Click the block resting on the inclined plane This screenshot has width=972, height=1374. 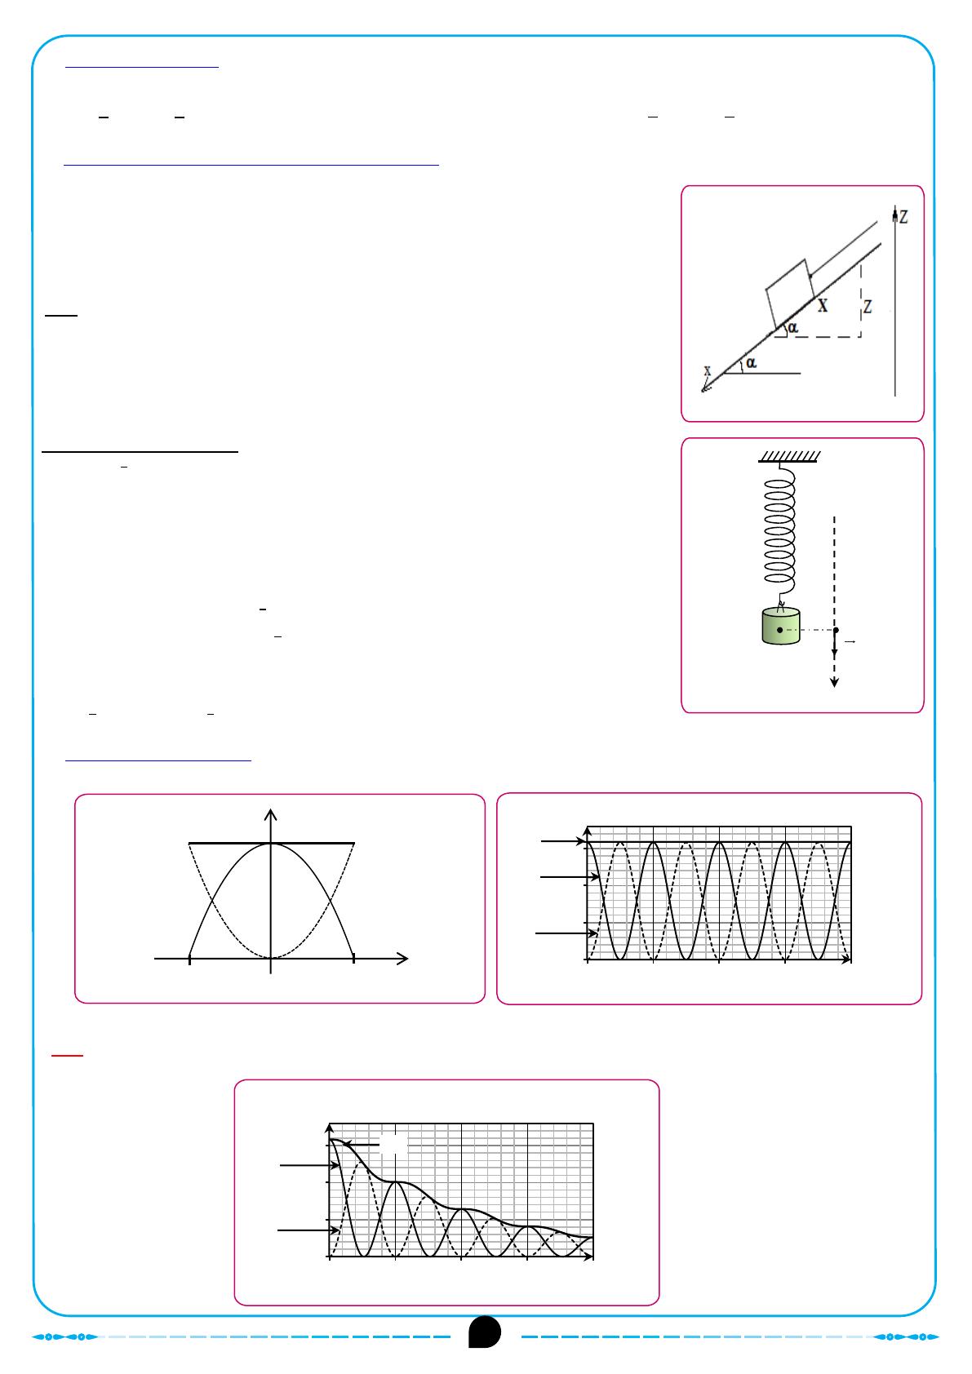[790, 293]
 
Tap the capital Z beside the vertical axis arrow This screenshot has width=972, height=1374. [903, 216]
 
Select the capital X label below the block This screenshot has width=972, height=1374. [823, 305]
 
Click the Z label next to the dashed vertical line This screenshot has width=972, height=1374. [868, 306]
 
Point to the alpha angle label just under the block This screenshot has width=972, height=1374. [792, 327]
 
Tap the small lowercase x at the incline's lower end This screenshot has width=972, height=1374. [708, 370]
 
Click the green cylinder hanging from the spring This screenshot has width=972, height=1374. [780, 626]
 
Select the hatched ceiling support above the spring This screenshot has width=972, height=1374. [789, 456]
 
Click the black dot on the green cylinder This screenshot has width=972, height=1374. [779, 630]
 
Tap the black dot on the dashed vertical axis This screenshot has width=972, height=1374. [836, 630]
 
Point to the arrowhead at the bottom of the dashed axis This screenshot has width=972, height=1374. [835, 682]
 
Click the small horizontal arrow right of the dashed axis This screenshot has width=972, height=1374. [850, 641]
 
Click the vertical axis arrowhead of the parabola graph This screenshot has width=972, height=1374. [271, 814]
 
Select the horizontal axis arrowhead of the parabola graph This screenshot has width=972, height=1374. [402, 958]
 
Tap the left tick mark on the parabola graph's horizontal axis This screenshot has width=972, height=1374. [189, 960]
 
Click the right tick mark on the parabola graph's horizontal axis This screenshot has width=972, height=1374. [353, 960]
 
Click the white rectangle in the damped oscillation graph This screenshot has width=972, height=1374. [393, 1144]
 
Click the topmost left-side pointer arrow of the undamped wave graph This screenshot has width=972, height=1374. [562, 841]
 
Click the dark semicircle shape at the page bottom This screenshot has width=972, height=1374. [485, 1332]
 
